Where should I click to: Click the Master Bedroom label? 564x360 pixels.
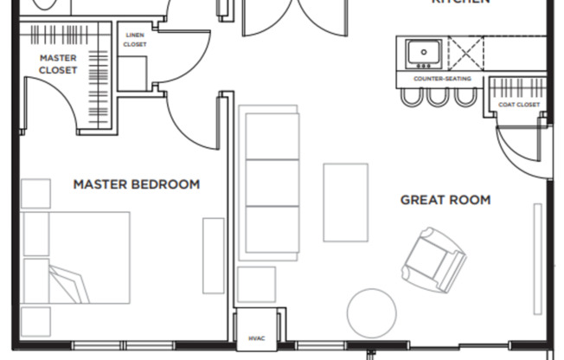(x=136, y=184)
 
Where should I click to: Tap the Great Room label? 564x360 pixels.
(x=445, y=200)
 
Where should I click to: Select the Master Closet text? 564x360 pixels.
(x=58, y=64)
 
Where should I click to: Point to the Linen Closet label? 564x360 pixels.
(x=135, y=40)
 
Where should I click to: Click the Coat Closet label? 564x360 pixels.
(x=519, y=105)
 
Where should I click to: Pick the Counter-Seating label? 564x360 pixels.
(x=441, y=79)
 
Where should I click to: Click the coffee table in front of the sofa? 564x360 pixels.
(x=345, y=202)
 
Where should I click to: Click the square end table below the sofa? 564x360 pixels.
(x=256, y=285)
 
